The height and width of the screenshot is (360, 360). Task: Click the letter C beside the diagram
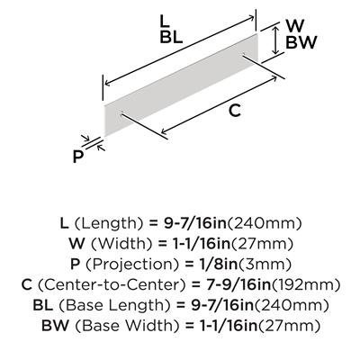point(235,111)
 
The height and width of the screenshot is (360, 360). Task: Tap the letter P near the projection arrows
point(78,157)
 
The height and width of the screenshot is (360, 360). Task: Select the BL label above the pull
point(171,38)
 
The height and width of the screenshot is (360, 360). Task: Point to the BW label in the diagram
point(301,42)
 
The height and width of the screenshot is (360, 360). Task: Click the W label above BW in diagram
point(295,26)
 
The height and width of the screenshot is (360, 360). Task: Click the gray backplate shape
point(181,85)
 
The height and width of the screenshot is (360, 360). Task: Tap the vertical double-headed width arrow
point(275,40)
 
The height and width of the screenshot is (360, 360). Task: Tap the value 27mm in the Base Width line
point(290,326)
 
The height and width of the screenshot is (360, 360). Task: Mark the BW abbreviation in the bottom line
point(55,326)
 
